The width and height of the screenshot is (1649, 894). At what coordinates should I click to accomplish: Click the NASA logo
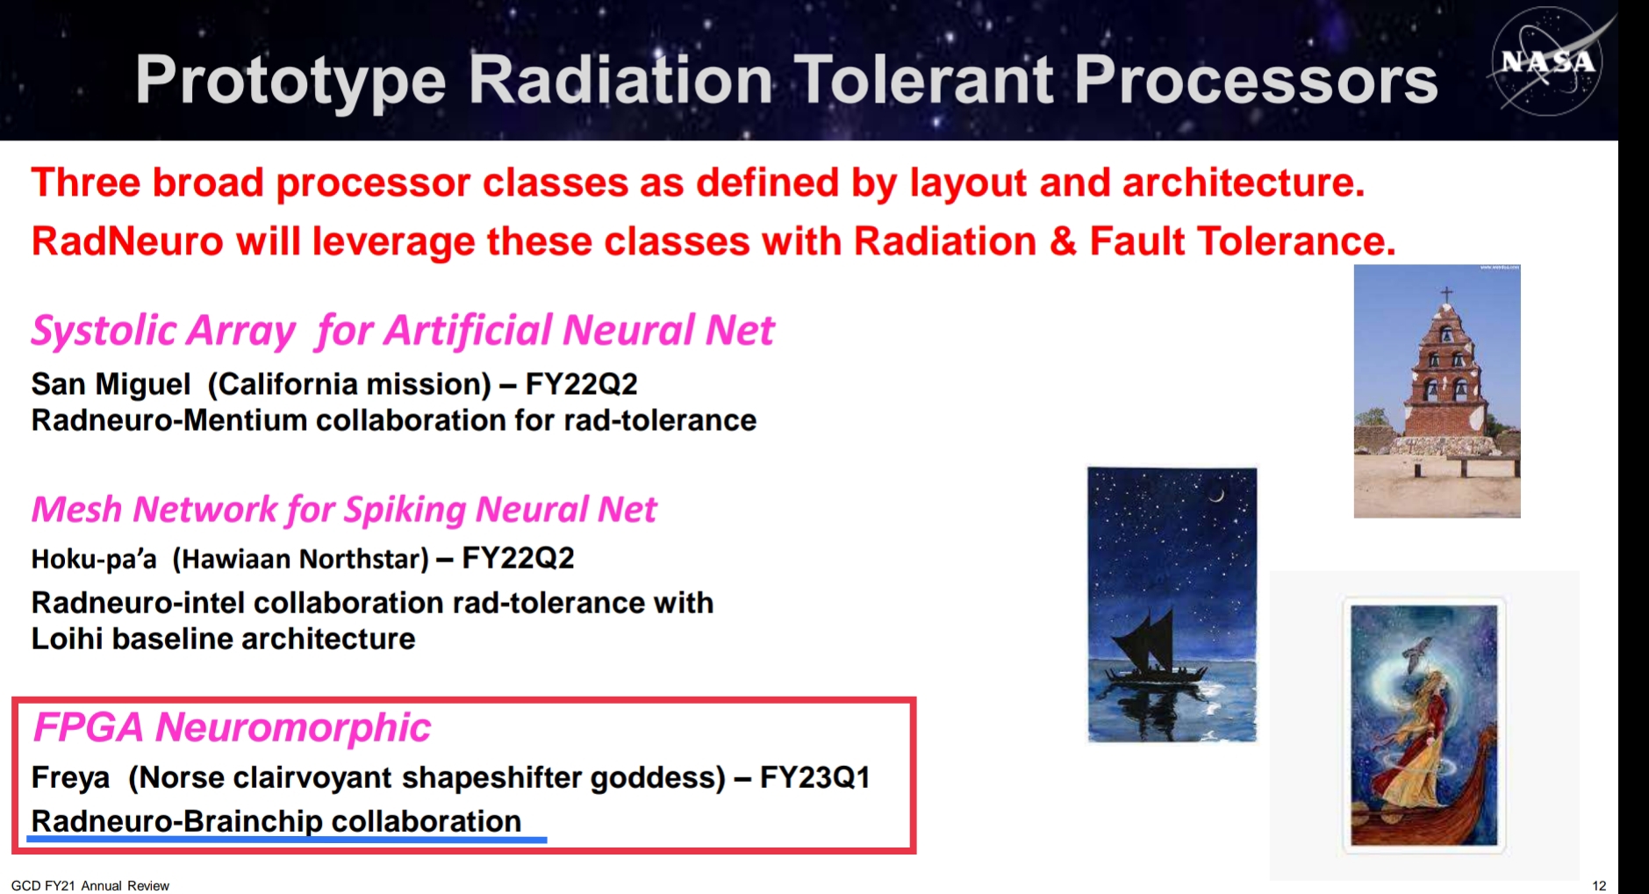(x=1547, y=61)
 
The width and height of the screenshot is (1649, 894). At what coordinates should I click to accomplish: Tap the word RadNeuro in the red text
(x=128, y=241)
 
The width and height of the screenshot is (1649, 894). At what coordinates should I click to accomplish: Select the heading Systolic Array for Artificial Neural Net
(x=403, y=330)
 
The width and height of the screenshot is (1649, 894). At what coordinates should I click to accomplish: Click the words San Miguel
(x=111, y=384)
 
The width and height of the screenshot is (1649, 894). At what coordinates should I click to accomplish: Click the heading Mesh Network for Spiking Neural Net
(x=344, y=509)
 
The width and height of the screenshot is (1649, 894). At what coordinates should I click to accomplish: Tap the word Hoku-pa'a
(x=94, y=559)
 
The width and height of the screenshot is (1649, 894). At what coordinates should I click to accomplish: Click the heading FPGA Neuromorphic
(x=232, y=727)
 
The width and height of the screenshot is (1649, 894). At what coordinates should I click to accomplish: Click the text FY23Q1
(x=814, y=777)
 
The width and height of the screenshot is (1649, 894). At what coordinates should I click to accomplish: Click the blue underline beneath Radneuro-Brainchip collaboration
(x=287, y=840)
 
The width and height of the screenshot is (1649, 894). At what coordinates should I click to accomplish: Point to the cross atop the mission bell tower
(x=1446, y=293)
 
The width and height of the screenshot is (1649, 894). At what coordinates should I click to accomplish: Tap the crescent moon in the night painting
(x=1216, y=496)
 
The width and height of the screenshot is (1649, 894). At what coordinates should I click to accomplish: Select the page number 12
(x=1599, y=885)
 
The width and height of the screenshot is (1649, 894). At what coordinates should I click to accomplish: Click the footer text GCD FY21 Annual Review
(x=90, y=885)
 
